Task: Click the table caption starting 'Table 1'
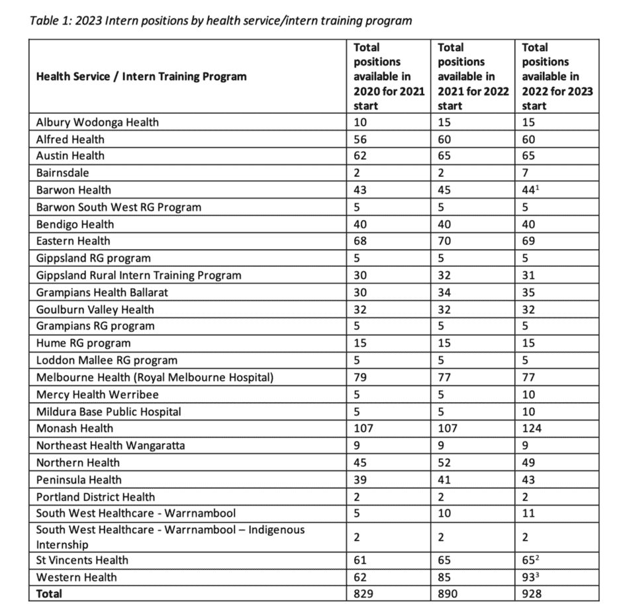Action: (221, 21)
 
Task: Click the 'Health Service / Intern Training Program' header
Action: (141, 76)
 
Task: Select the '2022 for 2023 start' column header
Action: (557, 76)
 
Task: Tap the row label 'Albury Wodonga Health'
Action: (97, 123)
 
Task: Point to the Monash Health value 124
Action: (532, 429)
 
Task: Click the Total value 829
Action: (365, 594)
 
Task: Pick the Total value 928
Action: (532, 594)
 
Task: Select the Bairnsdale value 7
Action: (526, 173)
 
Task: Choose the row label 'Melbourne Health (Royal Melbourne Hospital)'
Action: (155, 378)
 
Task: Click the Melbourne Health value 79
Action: (361, 378)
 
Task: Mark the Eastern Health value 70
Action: (445, 241)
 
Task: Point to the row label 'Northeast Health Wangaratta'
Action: (111, 446)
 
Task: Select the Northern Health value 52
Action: (445, 463)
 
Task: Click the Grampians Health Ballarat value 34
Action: (445, 292)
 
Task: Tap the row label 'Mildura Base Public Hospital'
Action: (109, 411)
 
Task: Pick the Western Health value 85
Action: (445, 577)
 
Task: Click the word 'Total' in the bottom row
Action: (50, 594)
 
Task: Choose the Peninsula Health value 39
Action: (361, 480)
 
